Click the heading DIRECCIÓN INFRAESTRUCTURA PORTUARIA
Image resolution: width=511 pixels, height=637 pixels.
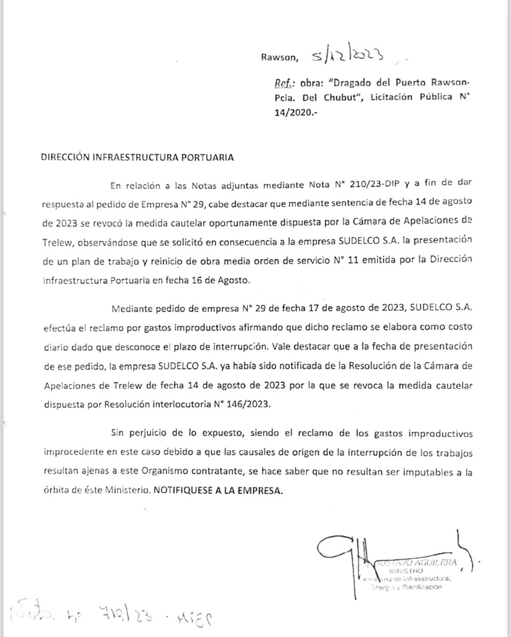137,156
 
